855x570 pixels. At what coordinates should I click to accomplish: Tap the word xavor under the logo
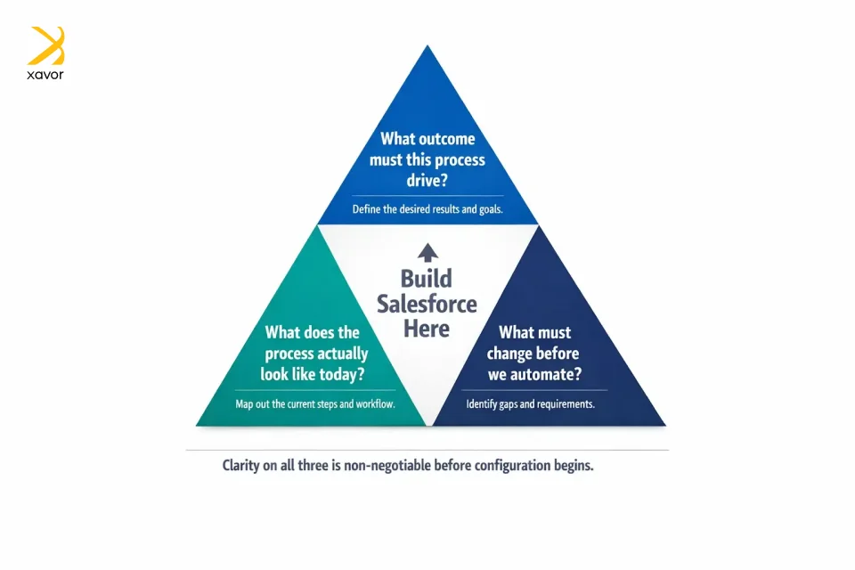tap(45, 75)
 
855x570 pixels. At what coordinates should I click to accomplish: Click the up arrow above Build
tap(427, 252)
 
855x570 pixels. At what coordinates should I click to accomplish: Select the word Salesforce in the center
tap(427, 303)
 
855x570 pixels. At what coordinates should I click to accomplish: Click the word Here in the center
tap(427, 328)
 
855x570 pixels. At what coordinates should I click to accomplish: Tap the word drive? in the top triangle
tap(427, 180)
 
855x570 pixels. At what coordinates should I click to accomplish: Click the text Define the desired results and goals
tap(427, 210)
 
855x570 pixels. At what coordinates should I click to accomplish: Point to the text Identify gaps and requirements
tap(531, 404)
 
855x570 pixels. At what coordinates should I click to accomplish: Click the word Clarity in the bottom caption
tap(245, 466)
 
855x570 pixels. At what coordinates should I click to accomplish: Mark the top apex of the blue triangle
tap(427, 46)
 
